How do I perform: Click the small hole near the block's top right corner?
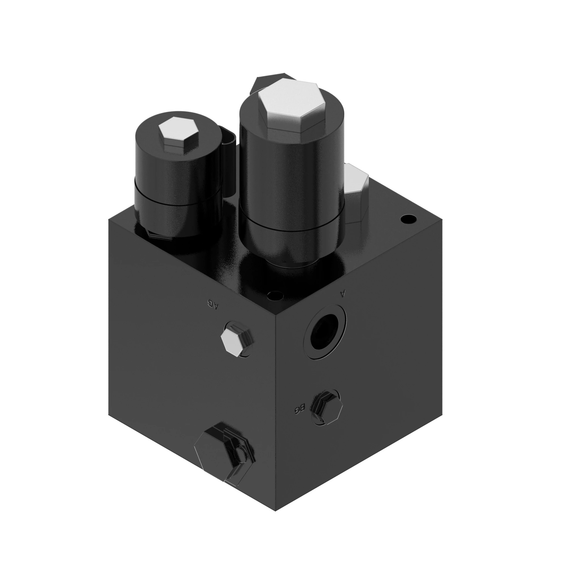click(x=408, y=218)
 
